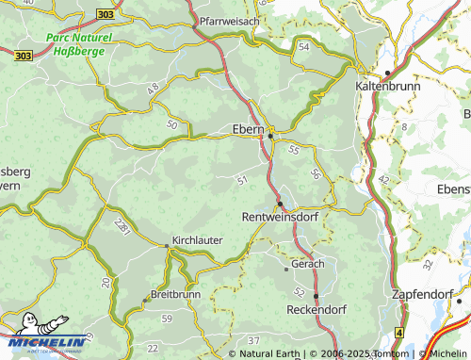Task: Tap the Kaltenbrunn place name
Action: (385, 86)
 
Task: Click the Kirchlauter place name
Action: (197, 240)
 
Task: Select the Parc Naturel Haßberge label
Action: (77, 44)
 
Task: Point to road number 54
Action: (303, 46)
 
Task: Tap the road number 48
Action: (153, 88)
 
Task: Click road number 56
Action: (316, 174)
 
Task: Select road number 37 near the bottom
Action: (252, 338)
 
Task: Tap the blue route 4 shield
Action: (398, 333)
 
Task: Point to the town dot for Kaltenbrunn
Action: (386, 74)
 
